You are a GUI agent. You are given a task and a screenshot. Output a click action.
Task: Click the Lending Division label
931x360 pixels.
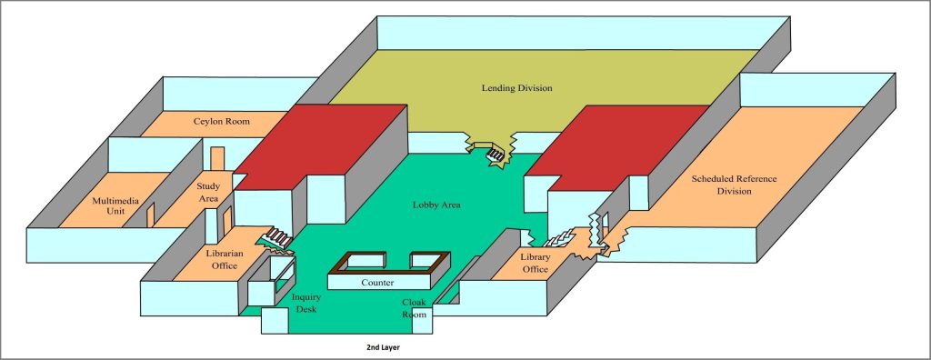(516, 88)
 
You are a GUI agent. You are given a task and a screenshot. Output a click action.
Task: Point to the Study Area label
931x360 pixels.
(209, 192)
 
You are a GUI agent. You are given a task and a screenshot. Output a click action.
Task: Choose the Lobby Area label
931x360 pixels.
(436, 205)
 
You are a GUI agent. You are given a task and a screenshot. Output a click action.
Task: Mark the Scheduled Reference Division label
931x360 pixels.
(735, 185)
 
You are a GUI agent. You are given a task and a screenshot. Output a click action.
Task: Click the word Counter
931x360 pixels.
(376, 284)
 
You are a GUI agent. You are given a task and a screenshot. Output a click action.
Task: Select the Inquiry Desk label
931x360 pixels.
(305, 304)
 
